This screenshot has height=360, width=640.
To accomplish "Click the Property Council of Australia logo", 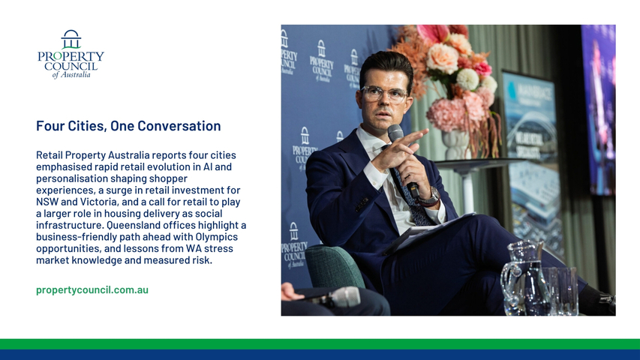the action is pos(71,54).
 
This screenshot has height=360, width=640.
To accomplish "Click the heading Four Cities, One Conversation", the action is pos(128,126).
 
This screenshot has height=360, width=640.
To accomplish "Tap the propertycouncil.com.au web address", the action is pos(92,289).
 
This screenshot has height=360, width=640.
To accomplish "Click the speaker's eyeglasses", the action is pos(384,94).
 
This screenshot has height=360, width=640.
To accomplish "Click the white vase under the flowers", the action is pos(455,144).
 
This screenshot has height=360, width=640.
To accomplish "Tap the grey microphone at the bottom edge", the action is pos(339,297).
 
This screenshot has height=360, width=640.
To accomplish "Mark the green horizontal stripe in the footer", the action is pos(320,344).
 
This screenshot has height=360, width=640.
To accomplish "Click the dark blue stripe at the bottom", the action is pos(320,355).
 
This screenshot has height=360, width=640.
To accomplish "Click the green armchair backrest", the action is pos(335,266).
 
